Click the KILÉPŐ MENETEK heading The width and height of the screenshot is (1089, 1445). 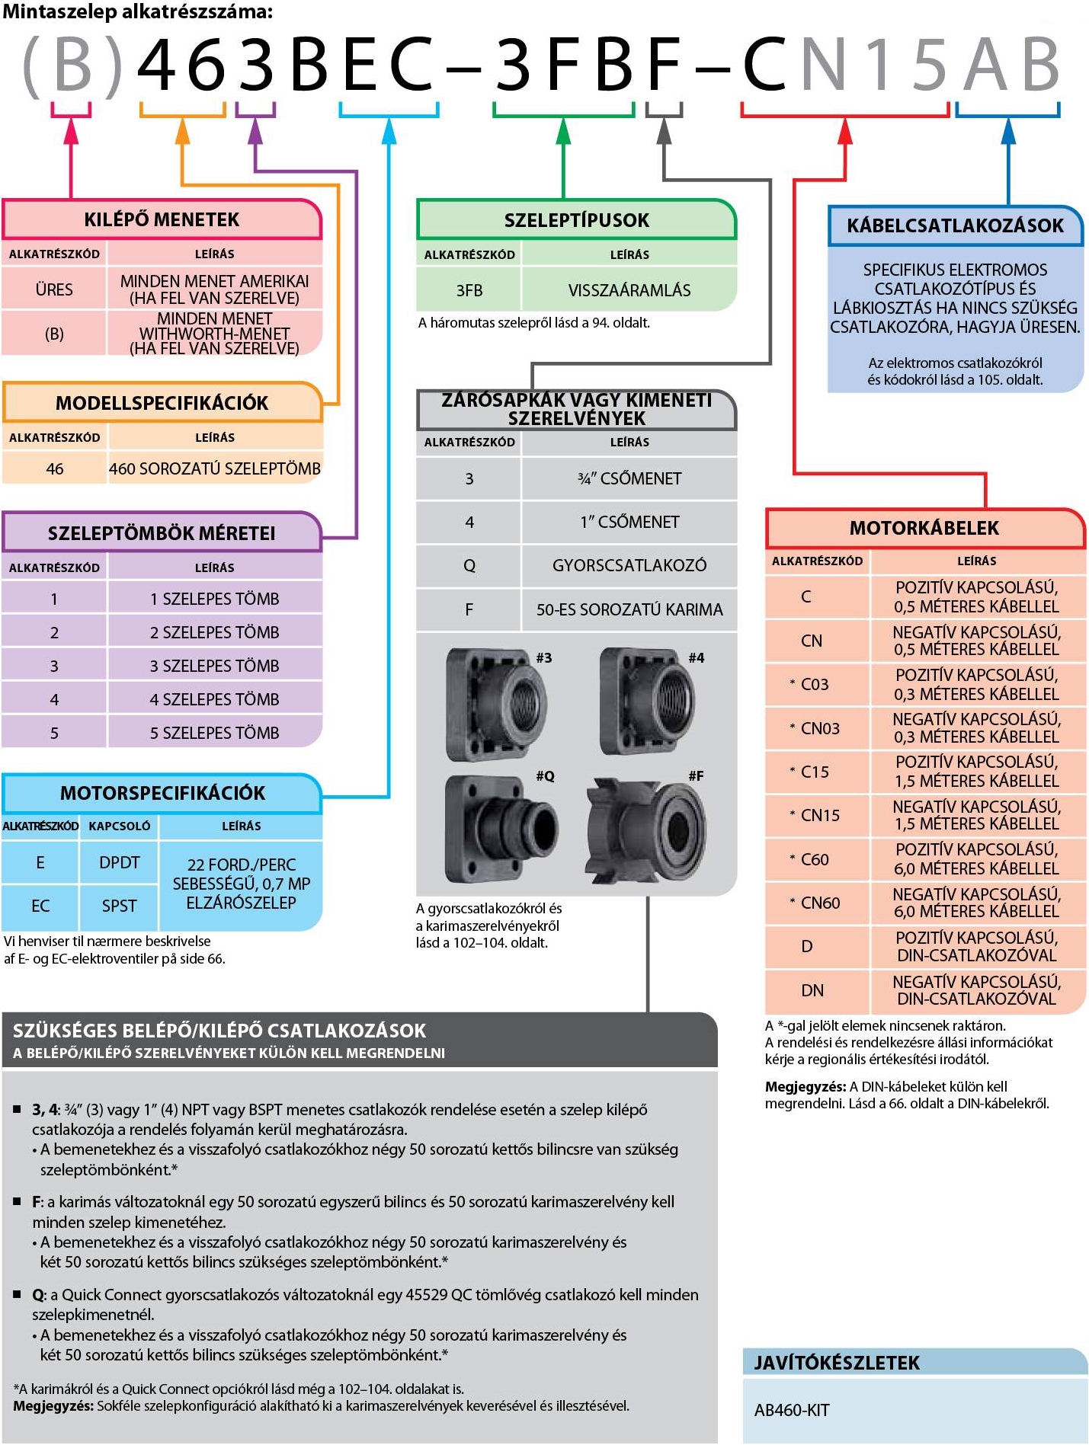(162, 219)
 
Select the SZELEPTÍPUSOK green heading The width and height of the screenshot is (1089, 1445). (576, 220)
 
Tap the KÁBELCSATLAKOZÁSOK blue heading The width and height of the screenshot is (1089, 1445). (955, 225)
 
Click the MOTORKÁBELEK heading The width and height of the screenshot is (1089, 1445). (924, 528)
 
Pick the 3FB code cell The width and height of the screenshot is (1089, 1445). (469, 290)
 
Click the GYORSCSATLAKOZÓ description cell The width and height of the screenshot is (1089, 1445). (629, 565)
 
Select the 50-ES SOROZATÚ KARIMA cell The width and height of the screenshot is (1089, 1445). (629, 609)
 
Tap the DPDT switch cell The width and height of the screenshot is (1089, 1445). (119, 862)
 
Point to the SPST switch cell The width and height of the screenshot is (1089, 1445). (119, 906)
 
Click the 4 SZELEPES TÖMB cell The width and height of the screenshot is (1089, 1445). (214, 699)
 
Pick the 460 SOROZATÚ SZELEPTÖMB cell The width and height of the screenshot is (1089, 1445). (214, 468)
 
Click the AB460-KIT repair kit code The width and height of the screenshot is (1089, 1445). (792, 1410)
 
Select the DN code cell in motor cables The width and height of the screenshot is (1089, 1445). (812, 990)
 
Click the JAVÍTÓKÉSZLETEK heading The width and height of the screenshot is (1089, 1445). (837, 1363)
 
